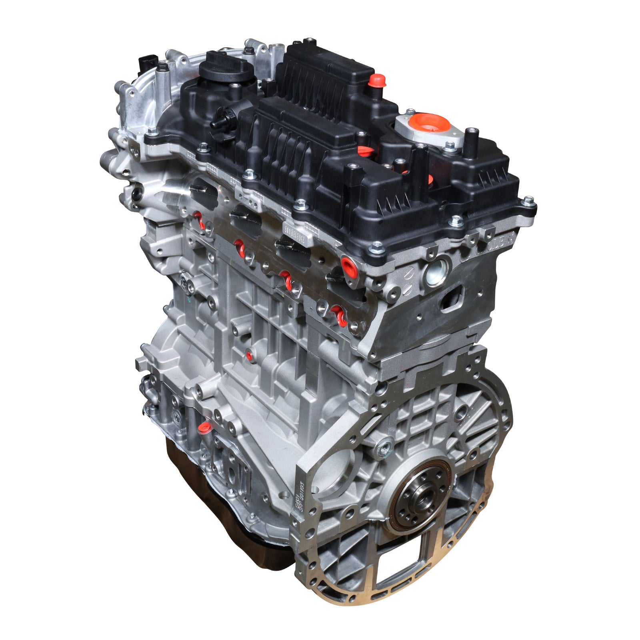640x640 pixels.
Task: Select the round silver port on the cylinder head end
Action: coord(435,273)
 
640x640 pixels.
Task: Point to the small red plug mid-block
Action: coord(249,355)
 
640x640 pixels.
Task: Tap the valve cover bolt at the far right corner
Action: coord(529,201)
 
